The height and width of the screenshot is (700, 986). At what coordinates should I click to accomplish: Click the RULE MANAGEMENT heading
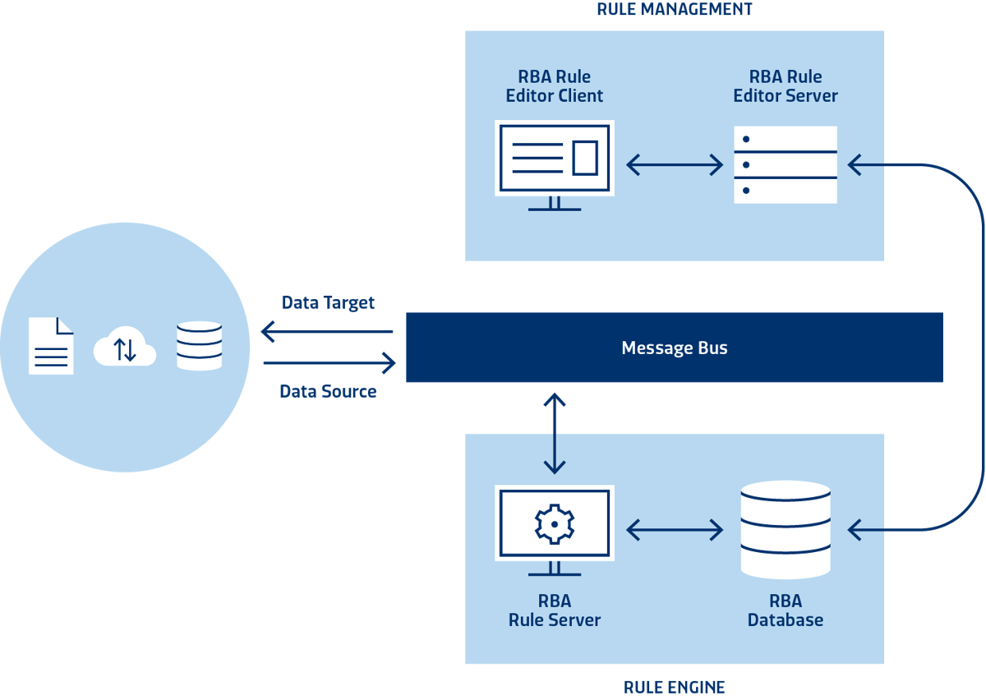(674, 10)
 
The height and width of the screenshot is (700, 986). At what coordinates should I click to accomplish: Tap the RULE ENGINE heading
(674, 687)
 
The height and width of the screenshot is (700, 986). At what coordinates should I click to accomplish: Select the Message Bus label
(674, 348)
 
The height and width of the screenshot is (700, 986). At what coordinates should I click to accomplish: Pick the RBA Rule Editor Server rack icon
(785, 164)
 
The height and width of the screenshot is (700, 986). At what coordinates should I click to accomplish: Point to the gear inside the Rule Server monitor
(555, 523)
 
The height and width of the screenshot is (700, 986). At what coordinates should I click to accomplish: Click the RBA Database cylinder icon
(785, 530)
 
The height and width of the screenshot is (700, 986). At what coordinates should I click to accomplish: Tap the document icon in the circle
(51, 345)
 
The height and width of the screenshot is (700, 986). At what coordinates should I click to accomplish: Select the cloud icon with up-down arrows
(125, 348)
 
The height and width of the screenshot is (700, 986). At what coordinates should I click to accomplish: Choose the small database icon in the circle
(199, 345)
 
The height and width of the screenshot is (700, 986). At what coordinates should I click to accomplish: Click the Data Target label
(328, 302)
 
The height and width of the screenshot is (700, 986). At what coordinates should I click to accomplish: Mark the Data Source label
(328, 392)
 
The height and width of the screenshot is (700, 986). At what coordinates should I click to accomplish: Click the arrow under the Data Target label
(327, 332)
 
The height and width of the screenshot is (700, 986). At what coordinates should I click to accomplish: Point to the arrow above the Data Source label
(329, 362)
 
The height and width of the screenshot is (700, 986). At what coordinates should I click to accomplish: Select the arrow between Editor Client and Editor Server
(674, 165)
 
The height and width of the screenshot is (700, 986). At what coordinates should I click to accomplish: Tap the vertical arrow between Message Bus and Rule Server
(555, 433)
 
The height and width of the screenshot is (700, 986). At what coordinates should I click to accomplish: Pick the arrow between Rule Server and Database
(674, 531)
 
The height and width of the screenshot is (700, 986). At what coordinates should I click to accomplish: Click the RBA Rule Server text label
(555, 610)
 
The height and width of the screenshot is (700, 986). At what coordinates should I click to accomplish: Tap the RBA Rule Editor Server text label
(785, 86)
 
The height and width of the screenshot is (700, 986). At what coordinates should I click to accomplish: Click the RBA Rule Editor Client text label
(555, 86)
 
